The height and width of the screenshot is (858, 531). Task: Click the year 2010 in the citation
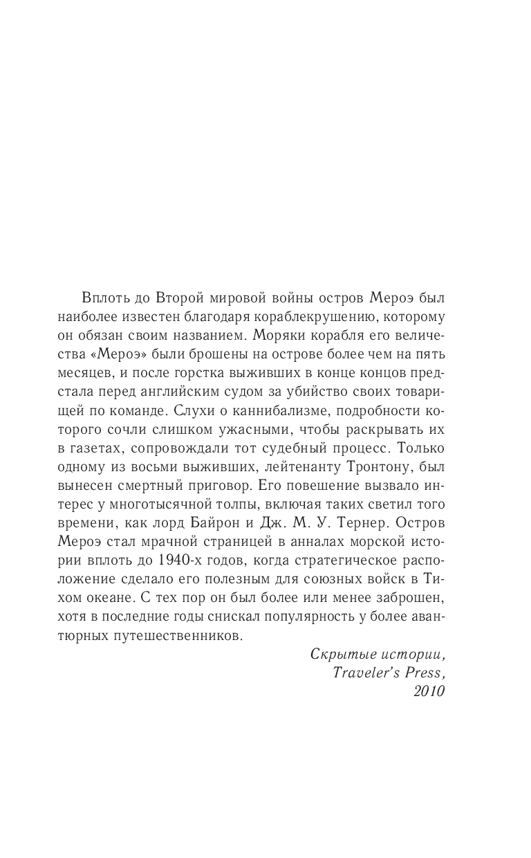tap(427, 691)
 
